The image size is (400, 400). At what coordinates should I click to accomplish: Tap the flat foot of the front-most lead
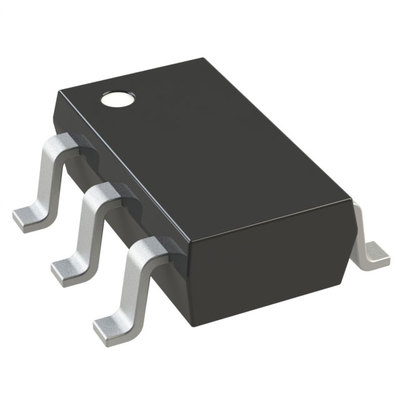coord(112,327)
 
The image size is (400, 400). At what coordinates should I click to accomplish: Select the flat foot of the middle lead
coord(68,267)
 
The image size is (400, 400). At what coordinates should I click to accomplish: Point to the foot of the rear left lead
coord(30,214)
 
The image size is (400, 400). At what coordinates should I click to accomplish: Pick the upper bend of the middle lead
coord(100,195)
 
